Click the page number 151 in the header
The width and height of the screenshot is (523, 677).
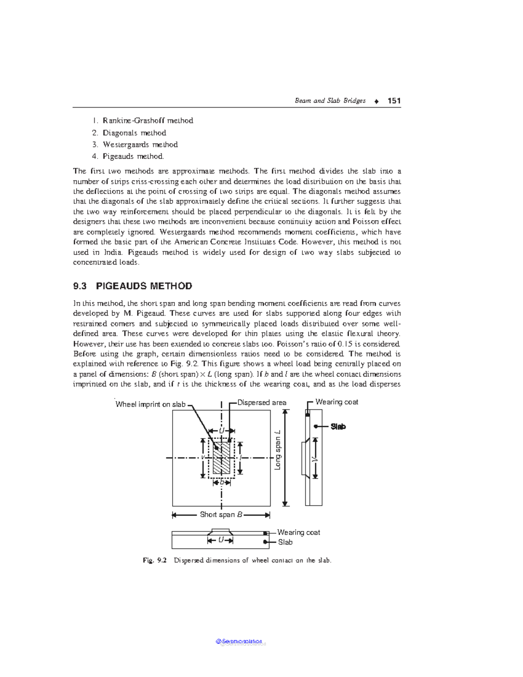[x=394, y=101]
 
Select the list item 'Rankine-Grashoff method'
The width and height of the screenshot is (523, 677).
[x=148, y=121]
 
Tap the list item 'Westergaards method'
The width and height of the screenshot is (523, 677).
[x=140, y=145]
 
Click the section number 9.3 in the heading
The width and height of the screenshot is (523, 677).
[x=80, y=286]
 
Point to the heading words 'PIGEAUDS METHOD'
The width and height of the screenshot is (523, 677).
[x=144, y=286]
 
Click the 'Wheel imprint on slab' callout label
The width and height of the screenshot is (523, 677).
[x=150, y=405]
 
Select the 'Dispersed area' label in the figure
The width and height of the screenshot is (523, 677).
[x=261, y=403]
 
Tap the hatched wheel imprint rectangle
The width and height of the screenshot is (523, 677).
[x=221, y=458]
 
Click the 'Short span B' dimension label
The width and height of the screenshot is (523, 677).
[x=221, y=515]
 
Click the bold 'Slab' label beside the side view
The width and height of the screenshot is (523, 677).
[x=338, y=427]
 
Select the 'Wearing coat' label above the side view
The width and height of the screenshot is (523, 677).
[x=336, y=402]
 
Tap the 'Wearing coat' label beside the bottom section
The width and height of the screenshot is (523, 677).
[x=299, y=532]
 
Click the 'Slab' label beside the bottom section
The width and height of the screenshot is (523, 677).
[x=285, y=542]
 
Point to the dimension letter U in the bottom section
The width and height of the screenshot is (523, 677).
[x=221, y=540]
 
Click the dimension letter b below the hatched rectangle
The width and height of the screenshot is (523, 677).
[x=221, y=483]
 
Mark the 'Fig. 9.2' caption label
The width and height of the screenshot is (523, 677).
[x=155, y=561]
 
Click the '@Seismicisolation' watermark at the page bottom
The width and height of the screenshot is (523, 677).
[x=239, y=642]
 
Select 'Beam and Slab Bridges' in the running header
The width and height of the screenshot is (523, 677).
[x=330, y=101]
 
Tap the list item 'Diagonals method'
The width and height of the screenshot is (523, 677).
[x=134, y=133]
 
